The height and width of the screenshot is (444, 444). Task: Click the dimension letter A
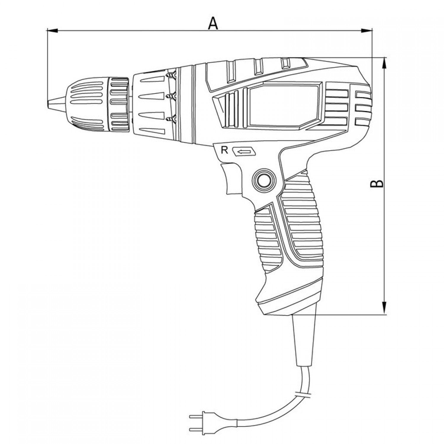[213, 23]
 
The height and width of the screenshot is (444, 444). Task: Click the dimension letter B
[377, 184]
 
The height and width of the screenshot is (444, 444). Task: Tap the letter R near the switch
[225, 150]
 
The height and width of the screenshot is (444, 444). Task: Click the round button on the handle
[264, 180]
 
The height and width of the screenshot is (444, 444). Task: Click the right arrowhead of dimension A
[367, 30]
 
